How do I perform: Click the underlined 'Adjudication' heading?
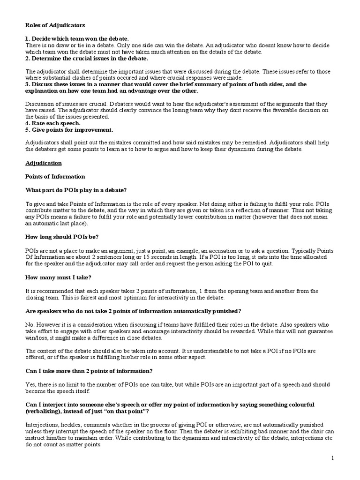coord(43,163)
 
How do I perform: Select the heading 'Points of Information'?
coord(55,176)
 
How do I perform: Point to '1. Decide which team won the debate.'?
coord(77,38)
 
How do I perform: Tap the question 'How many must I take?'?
coord(56,277)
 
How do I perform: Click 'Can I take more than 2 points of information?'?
coord(89,371)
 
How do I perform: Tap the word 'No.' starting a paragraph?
coord(30,324)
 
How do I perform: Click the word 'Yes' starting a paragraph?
coord(30,384)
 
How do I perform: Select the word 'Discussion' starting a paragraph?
coord(39,103)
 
